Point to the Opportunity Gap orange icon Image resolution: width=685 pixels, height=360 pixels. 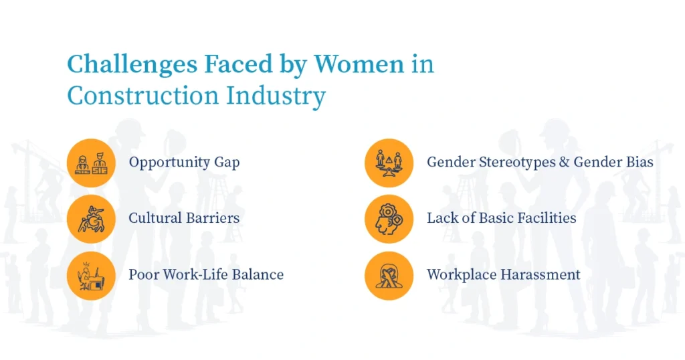click(x=92, y=163)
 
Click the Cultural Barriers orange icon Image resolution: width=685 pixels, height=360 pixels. click(x=92, y=219)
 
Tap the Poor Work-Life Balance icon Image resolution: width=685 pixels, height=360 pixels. click(x=92, y=275)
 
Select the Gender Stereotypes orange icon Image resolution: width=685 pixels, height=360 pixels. click(x=389, y=163)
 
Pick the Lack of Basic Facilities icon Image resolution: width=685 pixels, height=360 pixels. click(x=389, y=219)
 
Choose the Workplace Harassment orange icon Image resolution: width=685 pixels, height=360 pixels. click(x=389, y=275)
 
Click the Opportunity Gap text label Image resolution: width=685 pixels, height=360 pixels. click(x=184, y=163)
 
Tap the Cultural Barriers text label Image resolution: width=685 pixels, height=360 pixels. click(x=184, y=218)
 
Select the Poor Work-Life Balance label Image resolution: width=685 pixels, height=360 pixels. click(x=206, y=275)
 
